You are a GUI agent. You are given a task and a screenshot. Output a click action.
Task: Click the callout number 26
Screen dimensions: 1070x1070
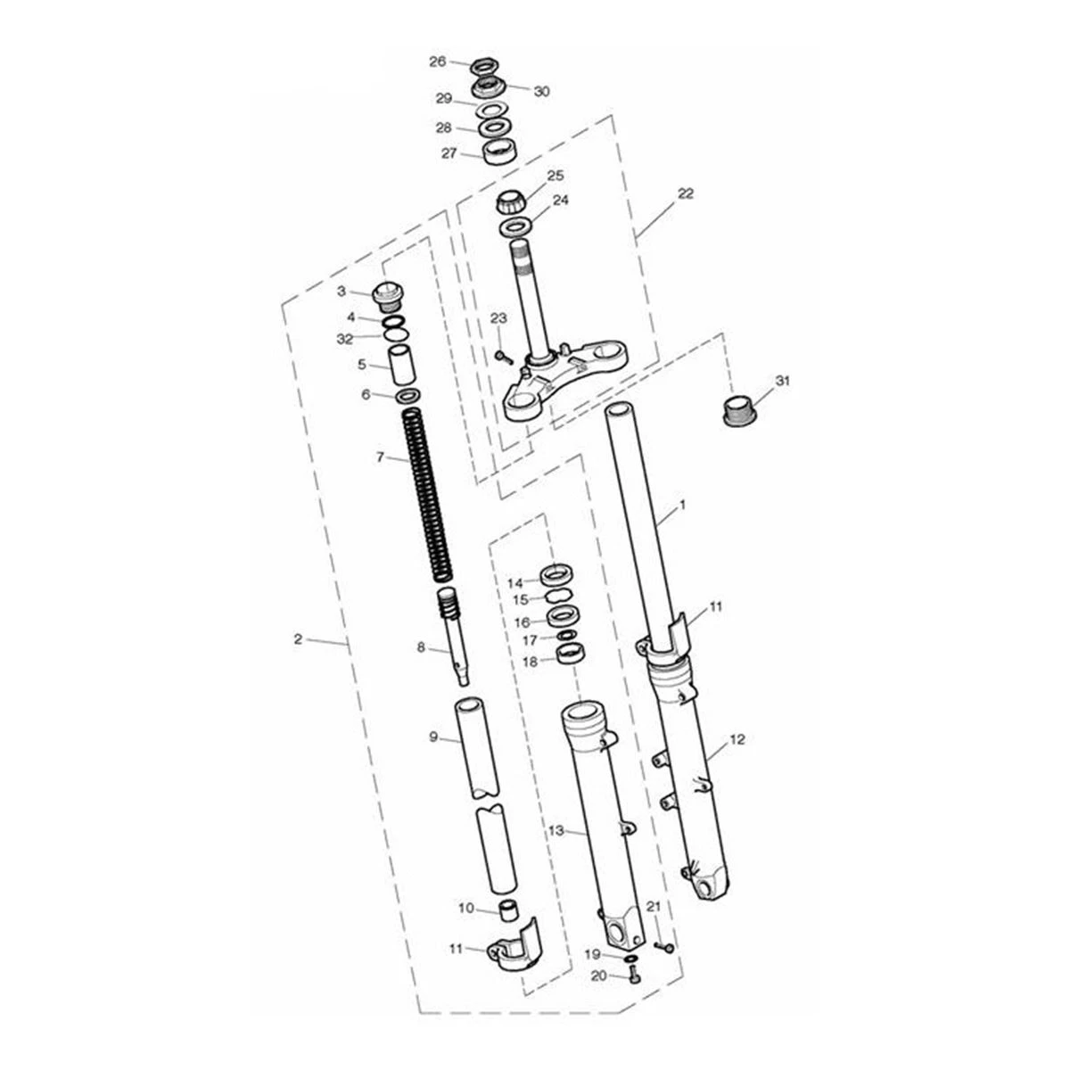[438, 62]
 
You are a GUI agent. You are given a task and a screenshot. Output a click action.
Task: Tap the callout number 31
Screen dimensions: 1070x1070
[782, 381]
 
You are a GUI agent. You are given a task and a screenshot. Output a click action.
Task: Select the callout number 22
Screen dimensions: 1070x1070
[686, 193]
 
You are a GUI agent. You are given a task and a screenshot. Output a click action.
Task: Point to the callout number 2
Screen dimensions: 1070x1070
[298, 639]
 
